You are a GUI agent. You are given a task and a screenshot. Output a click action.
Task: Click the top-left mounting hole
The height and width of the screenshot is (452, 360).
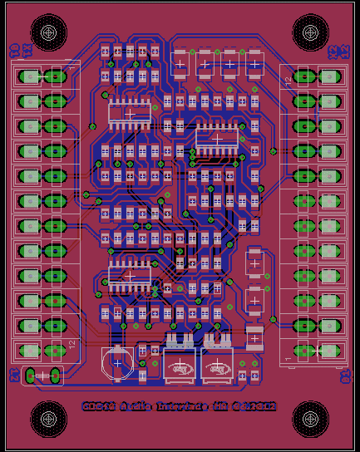(x=48, y=32)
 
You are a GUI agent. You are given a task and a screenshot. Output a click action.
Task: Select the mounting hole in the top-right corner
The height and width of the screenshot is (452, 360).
(x=311, y=32)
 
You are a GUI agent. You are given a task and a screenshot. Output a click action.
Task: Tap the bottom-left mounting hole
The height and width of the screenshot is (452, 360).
(x=48, y=419)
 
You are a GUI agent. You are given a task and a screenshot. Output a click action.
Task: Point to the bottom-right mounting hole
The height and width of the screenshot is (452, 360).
(x=311, y=419)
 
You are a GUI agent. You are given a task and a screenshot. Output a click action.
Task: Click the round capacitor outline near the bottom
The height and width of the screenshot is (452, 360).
(x=117, y=363)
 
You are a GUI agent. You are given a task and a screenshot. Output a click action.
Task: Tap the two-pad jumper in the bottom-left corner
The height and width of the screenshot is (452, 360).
(x=43, y=376)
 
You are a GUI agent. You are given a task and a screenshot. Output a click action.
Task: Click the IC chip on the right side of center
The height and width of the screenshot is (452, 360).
(x=217, y=139)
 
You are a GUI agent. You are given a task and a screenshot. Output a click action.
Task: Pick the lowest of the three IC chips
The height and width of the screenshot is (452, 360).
(x=129, y=275)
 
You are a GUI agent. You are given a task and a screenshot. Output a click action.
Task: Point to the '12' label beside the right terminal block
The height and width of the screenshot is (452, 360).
(x=288, y=80)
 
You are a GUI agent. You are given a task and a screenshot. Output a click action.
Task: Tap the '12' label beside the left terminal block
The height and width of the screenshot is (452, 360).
(x=72, y=343)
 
